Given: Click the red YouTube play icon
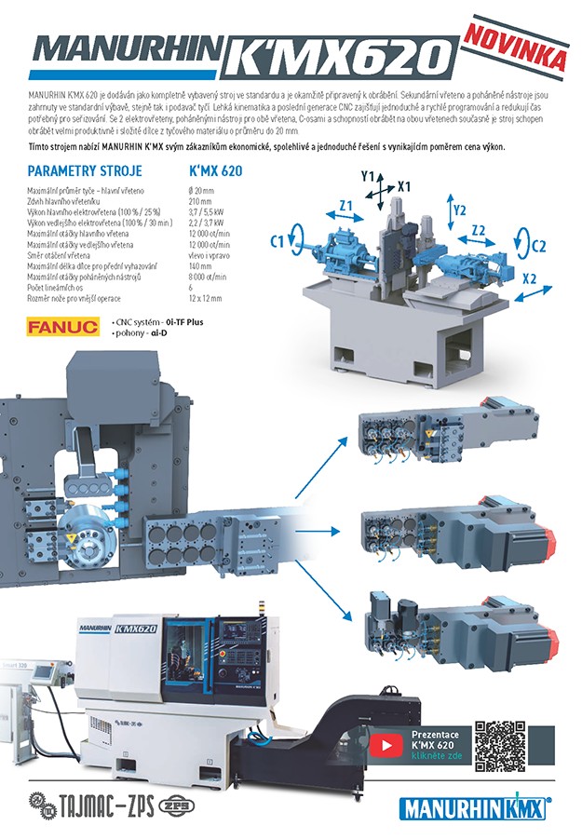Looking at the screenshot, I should tap(384, 745).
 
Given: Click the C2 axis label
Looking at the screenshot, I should tap(537, 246).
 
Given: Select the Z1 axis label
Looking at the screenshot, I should tap(345, 207).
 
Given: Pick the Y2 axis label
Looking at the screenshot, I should tap(460, 210).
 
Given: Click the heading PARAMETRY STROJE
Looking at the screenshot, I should tap(85, 171).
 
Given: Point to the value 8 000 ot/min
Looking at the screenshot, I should tap(208, 277).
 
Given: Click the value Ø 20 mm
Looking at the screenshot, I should tap(201, 190).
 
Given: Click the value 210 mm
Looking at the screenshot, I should tap(200, 201).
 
